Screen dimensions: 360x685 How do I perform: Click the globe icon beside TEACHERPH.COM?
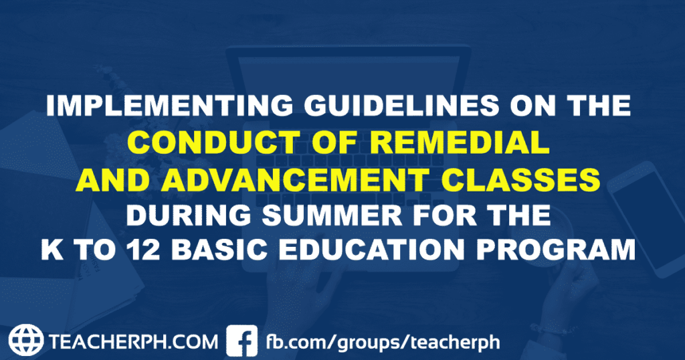point(26,340)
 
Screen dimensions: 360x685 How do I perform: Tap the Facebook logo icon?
point(242,340)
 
